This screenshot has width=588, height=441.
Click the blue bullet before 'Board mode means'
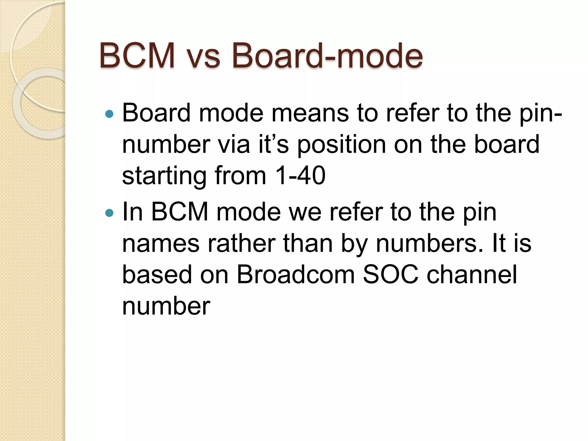[x=109, y=114]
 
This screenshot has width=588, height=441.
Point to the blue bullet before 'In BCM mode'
[x=109, y=213]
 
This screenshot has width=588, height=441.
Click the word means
[x=310, y=113]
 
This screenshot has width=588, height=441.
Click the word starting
[x=164, y=176]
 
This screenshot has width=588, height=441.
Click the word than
[x=308, y=243]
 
